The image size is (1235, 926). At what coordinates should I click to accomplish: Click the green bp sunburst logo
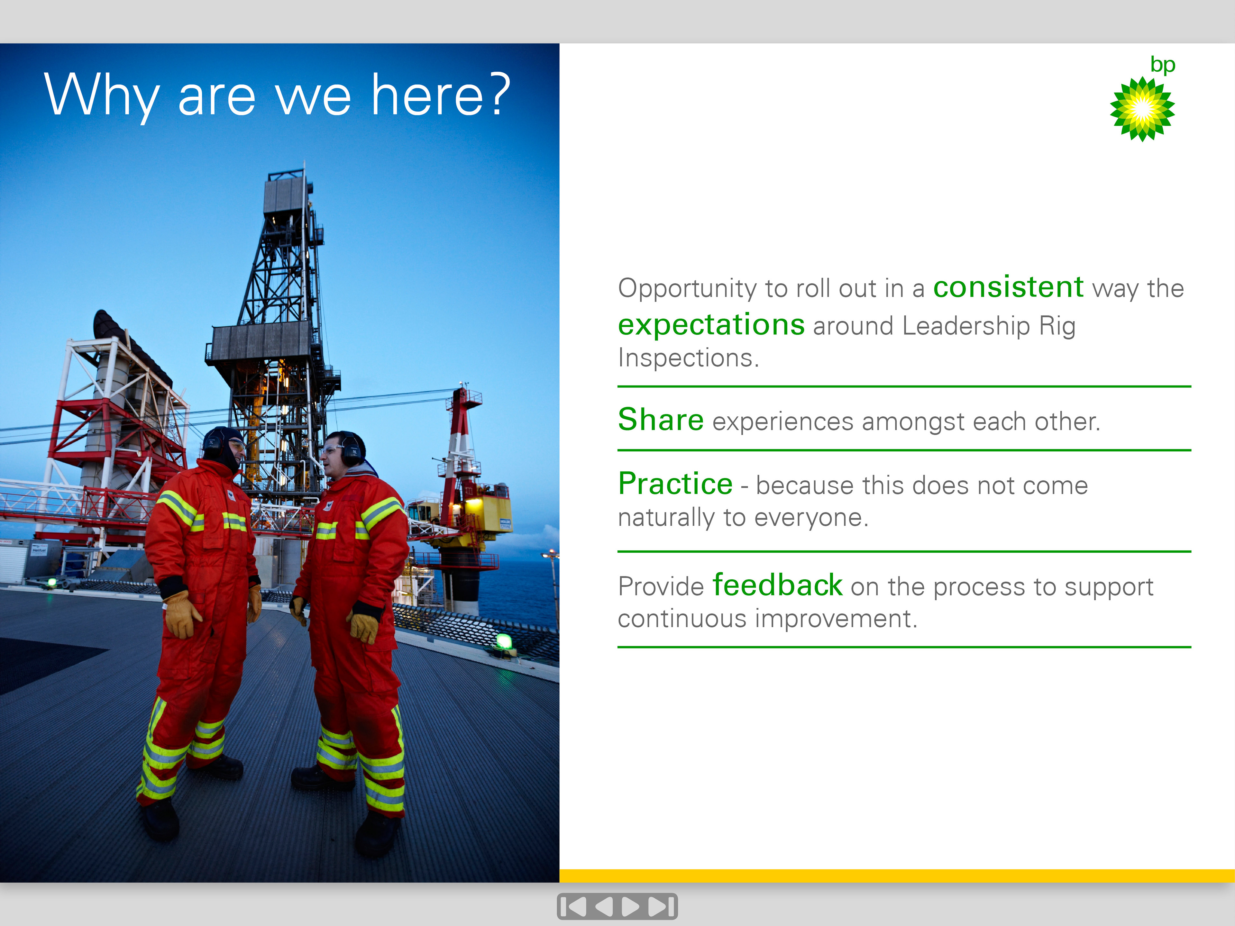pyautogui.click(x=1142, y=109)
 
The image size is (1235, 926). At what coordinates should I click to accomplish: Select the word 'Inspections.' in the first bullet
pyautogui.click(x=688, y=358)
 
